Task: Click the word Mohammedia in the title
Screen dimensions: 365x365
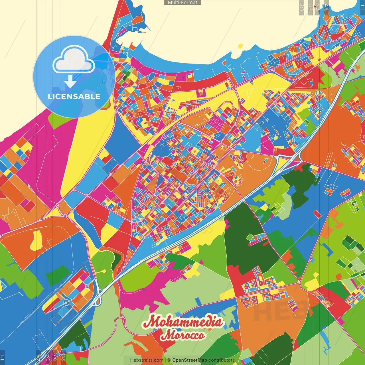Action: click(x=182, y=322)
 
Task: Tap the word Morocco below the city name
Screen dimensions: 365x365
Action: click(x=182, y=335)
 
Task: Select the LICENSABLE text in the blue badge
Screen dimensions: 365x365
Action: click(x=74, y=96)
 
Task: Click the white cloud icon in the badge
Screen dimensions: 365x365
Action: click(x=74, y=60)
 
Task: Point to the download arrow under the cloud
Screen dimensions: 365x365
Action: click(x=70, y=82)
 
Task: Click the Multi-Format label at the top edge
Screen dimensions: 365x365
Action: click(x=182, y=3)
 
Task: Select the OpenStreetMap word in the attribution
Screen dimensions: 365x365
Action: click(x=189, y=360)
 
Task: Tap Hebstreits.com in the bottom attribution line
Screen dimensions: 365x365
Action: click(x=147, y=360)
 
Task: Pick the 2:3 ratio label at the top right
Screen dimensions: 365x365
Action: click(x=302, y=7)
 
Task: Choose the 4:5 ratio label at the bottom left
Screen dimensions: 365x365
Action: click(x=39, y=358)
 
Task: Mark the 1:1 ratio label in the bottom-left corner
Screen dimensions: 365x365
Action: click(x=3, y=358)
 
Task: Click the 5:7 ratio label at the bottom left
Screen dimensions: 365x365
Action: click(x=54, y=358)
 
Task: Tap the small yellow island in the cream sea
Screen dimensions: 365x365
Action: click(x=240, y=46)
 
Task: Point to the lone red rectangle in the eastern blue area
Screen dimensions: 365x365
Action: click(x=317, y=214)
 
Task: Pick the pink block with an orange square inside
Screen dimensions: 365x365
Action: click(x=201, y=92)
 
